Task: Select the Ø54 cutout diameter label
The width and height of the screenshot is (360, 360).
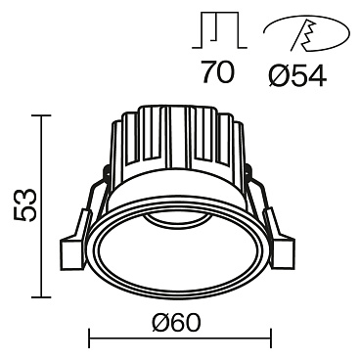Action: click(x=297, y=74)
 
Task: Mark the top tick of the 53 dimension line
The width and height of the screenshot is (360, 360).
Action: click(x=41, y=115)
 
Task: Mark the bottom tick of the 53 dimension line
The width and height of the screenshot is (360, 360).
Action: click(x=41, y=296)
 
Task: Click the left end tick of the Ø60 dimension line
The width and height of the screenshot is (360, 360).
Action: click(x=91, y=339)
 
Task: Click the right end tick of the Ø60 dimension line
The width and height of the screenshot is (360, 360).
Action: click(x=270, y=339)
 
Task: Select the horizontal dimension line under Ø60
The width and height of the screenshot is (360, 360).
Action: click(x=180, y=339)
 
